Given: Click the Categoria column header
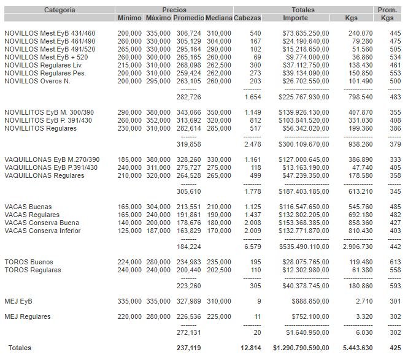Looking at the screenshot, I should click(60, 10).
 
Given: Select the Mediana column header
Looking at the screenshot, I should click(219, 18).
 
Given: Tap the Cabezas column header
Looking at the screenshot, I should click(247, 18).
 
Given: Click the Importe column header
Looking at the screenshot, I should click(302, 18).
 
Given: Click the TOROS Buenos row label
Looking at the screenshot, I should click(29, 262).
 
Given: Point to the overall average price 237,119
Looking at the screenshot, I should click(188, 348).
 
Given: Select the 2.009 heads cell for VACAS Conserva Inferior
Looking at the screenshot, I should click(253, 231).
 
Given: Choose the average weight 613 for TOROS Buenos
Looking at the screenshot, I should click(395, 262).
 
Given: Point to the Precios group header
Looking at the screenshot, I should click(174, 10).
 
